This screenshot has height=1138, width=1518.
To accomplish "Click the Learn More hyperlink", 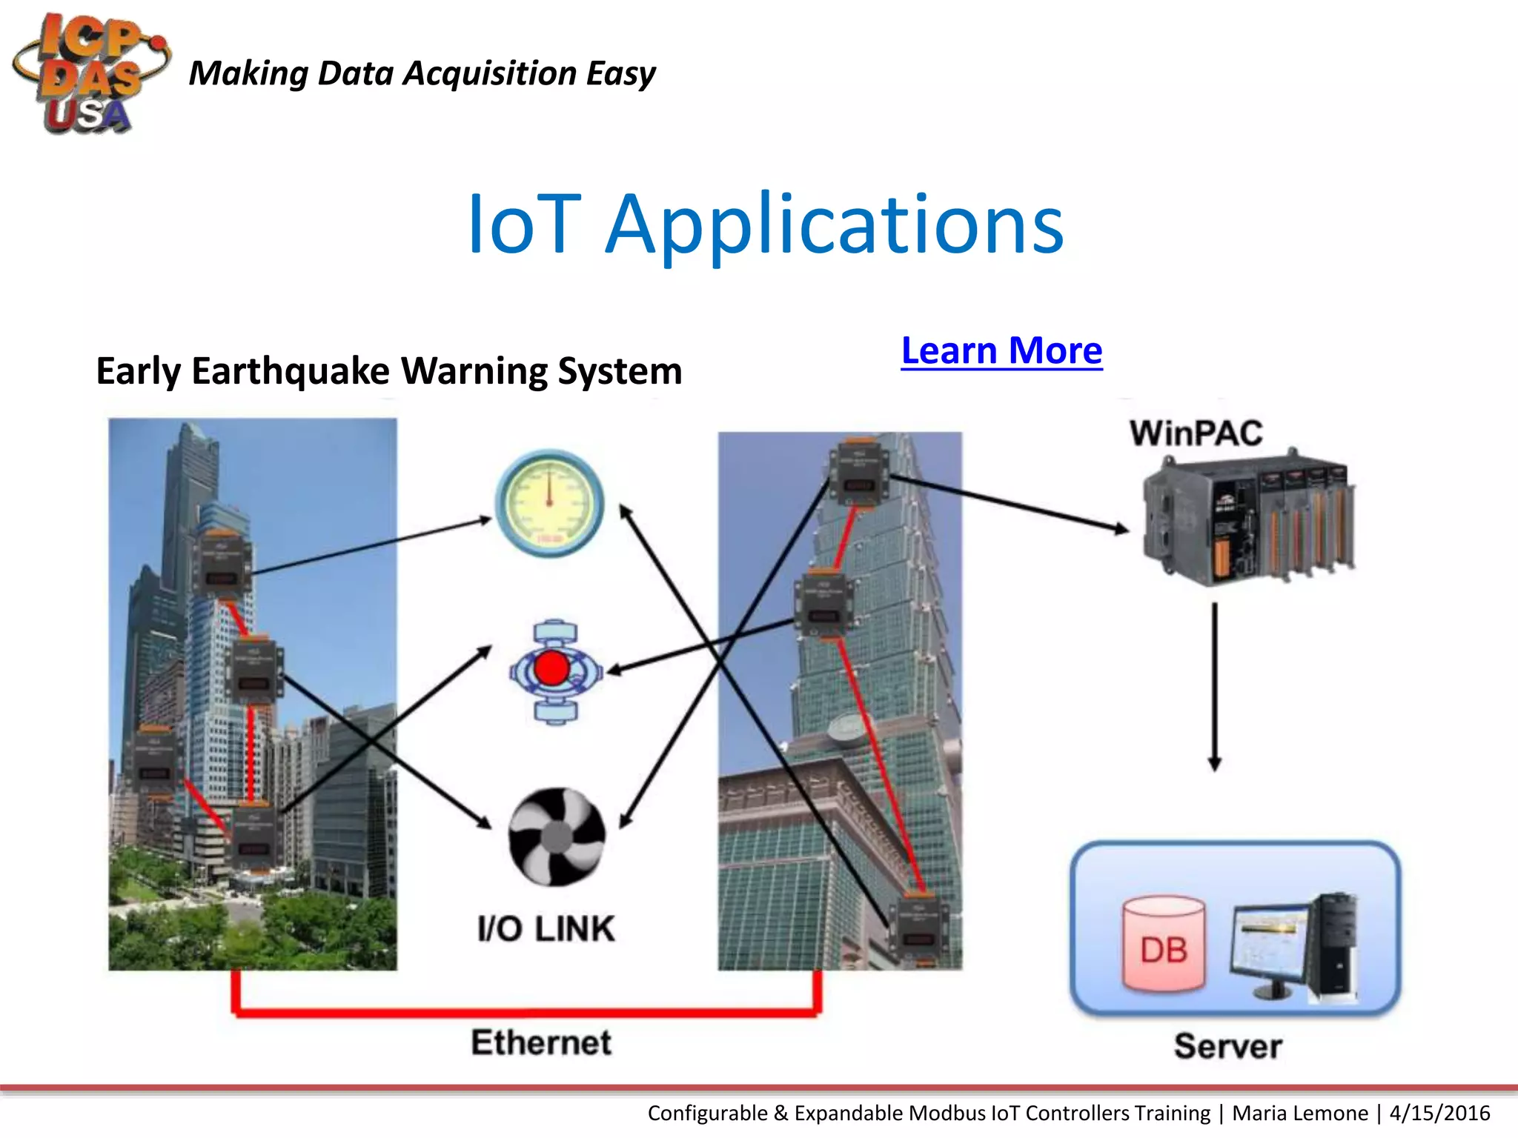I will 1001,350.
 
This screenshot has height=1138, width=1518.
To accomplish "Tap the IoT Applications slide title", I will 765,223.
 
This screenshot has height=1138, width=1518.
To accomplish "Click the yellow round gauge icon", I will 549,503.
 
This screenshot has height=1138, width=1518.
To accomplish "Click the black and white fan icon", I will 556,836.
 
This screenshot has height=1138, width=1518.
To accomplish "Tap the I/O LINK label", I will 546,929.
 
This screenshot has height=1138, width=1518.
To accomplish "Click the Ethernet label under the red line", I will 541,1042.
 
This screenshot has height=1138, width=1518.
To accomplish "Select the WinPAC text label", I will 1196,433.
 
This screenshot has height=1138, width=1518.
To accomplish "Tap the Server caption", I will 1227,1046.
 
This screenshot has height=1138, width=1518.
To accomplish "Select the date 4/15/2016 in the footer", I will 1439,1114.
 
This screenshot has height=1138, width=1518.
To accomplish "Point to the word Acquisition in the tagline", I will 490,74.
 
